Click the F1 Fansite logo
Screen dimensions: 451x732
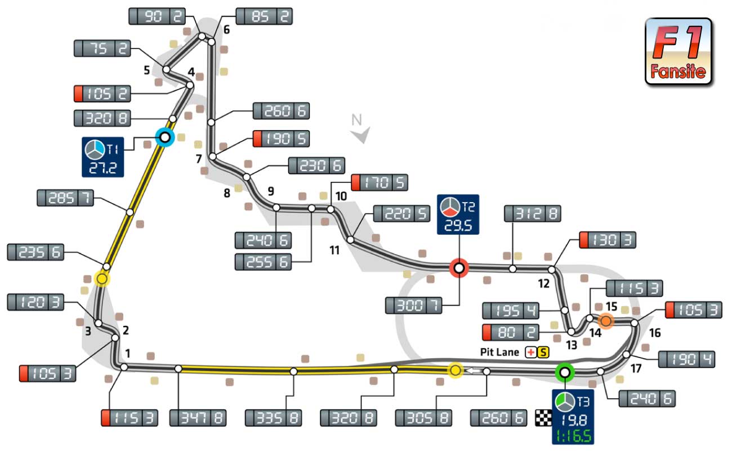678,51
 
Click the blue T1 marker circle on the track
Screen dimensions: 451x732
164,137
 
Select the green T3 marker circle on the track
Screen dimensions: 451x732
564,372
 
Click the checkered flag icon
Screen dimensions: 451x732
542,418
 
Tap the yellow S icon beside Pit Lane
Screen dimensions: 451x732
542,353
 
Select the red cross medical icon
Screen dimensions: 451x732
530,353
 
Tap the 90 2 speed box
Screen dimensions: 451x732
157,16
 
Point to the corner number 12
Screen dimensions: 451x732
543,284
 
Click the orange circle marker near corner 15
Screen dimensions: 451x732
605,321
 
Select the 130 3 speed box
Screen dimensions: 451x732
607,240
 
